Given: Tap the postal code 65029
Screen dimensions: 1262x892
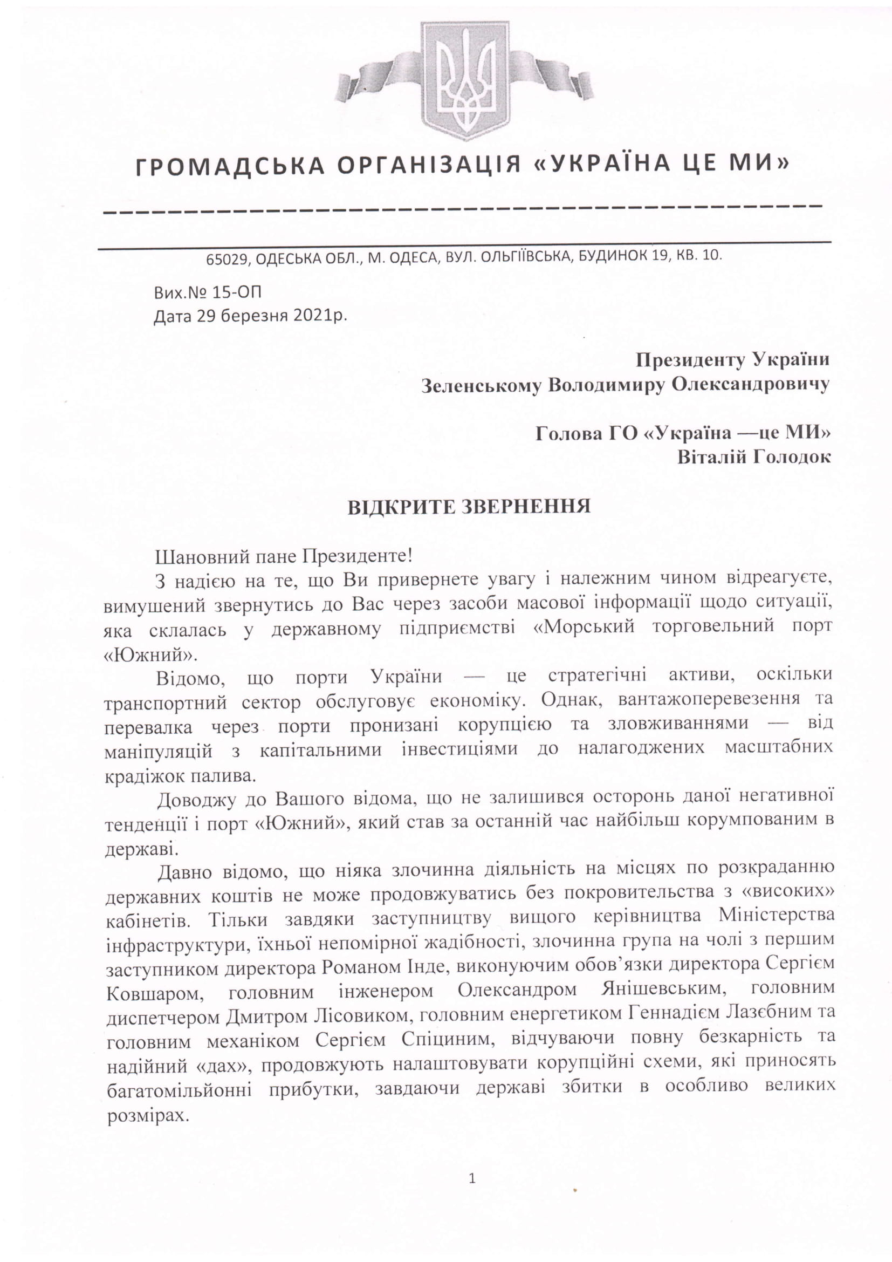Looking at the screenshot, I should click(228, 260).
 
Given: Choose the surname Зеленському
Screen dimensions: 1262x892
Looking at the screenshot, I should click(481, 386).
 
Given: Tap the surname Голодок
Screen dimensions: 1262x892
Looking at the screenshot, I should click(791, 458).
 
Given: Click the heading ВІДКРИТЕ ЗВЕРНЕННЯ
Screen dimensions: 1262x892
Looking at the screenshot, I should click(469, 507).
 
